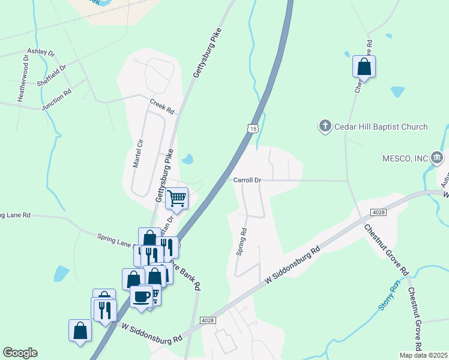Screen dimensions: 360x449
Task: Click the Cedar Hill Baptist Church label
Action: pyautogui.click(x=381, y=127)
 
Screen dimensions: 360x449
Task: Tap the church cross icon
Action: pyautogui.click(x=325, y=126)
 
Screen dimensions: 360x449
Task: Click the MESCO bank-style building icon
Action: pyautogui.click(x=437, y=158)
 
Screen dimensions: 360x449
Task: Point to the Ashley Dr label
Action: pyautogui.click(x=42, y=52)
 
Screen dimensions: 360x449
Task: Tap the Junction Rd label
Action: pyautogui.click(x=56, y=100)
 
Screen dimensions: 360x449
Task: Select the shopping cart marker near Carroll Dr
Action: pyautogui.click(x=177, y=197)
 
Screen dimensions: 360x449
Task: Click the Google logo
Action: pyautogui.click(x=20, y=353)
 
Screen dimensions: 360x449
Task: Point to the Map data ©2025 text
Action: pyautogui.click(x=423, y=355)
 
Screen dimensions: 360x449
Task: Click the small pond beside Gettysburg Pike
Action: pyautogui.click(x=188, y=159)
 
